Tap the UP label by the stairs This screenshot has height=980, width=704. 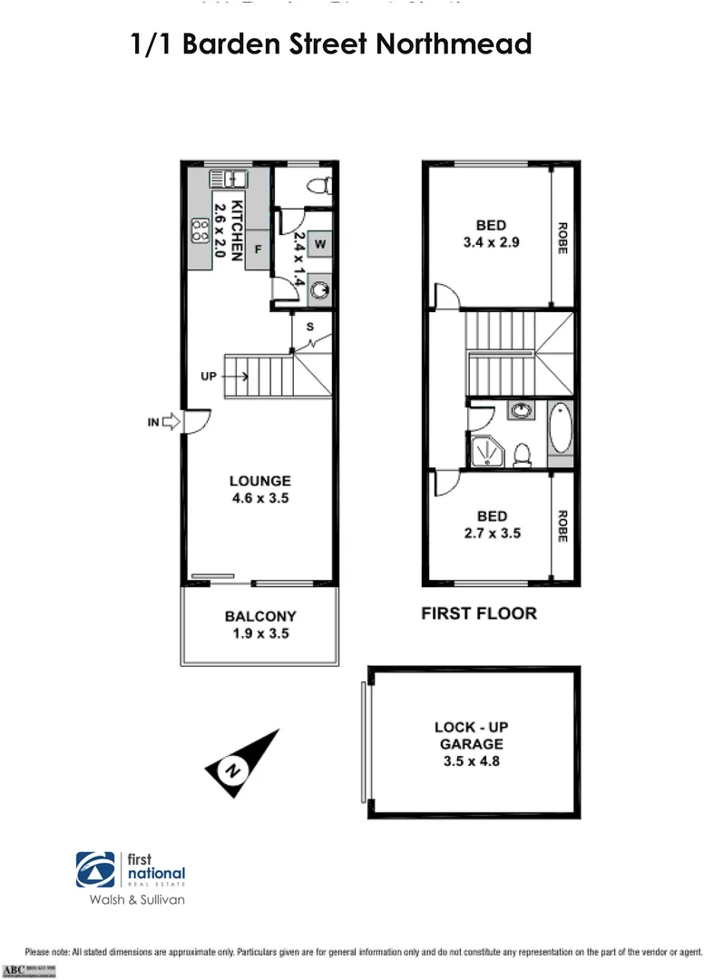pyautogui.click(x=209, y=375)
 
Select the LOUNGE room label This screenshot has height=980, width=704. pyautogui.click(x=259, y=482)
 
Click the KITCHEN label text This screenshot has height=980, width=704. pyautogui.click(x=236, y=230)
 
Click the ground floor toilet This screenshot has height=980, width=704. pyautogui.click(x=318, y=185)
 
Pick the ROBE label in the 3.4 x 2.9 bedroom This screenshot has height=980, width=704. pyautogui.click(x=562, y=239)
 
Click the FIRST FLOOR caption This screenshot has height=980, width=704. pyautogui.click(x=479, y=613)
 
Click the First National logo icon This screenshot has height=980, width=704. pyautogui.click(x=95, y=868)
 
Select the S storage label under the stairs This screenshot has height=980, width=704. pyautogui.click(x=309, y=327)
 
